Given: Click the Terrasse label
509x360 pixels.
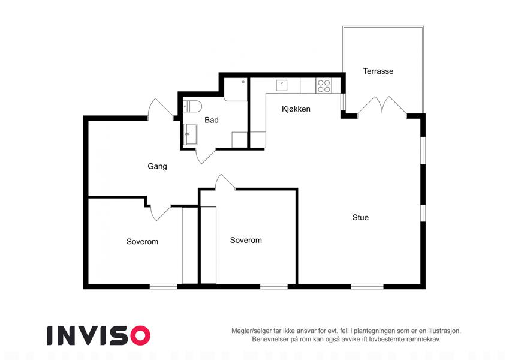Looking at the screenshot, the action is coord(378,71).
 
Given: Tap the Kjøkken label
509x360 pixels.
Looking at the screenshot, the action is coord(296,109).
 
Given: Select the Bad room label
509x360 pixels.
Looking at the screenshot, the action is coord(212,120).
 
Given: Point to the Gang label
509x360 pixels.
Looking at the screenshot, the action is coord(158,166).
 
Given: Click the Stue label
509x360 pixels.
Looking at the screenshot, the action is coord(361,217).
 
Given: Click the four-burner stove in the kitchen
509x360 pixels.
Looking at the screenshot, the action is coord(324,85).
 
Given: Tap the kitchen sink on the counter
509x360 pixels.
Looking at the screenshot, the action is coord(282,85).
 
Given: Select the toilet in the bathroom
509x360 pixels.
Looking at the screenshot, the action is coord(192,106).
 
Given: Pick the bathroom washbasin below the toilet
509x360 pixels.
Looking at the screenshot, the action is coord(190,134).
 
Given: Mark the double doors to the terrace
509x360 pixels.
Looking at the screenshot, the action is coord(382,105).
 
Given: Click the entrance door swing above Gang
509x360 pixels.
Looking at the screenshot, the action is coord(161,109).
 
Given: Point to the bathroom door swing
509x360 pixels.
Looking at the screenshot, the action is coord(206,156).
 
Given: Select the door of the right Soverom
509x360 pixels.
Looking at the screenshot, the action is coord(225,182).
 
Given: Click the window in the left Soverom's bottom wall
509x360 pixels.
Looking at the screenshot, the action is coord(163,287).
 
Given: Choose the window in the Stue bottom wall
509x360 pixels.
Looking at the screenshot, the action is coord(367,287).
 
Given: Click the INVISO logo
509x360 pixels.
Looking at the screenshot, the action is coord(99,335).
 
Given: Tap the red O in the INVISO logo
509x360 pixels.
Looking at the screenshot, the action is coord(140,335).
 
